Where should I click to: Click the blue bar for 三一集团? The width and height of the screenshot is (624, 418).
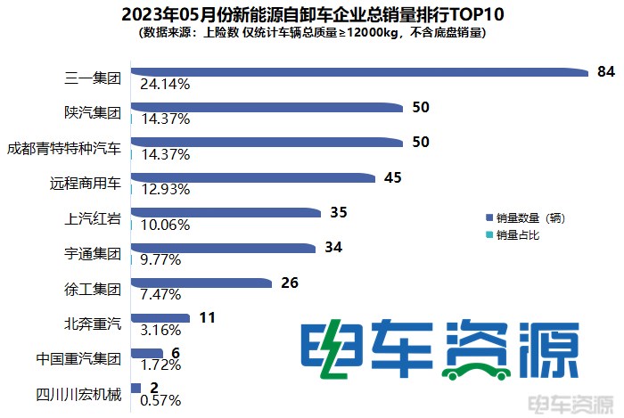(357, 72)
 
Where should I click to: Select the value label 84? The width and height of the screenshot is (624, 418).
(606, 72)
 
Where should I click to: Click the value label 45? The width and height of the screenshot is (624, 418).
(392, 177)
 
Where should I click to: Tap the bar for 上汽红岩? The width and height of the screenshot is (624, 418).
(225, 213)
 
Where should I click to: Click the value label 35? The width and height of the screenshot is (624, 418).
(338, 213)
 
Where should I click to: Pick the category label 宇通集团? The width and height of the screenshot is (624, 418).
(92, 253)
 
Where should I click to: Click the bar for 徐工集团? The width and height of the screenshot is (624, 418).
(201, 283)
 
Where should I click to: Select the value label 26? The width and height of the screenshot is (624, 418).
(289, 283)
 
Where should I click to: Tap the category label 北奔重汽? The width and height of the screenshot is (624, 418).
(92, 323)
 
